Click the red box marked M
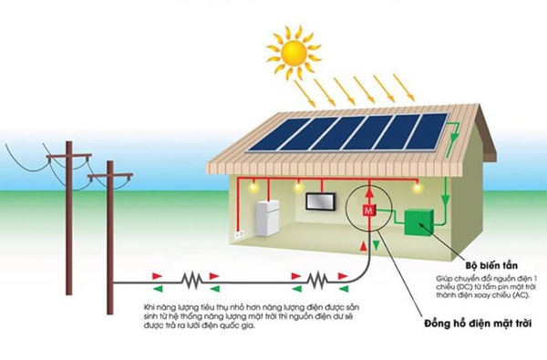(x=368, y=211)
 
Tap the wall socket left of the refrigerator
(x=240, y=234)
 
